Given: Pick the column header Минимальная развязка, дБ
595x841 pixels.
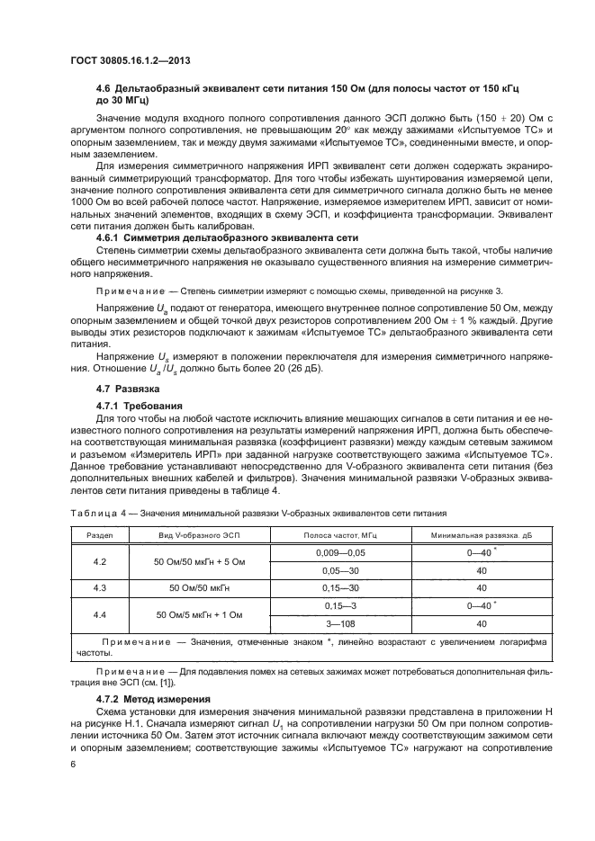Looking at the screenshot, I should pos(468,533).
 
